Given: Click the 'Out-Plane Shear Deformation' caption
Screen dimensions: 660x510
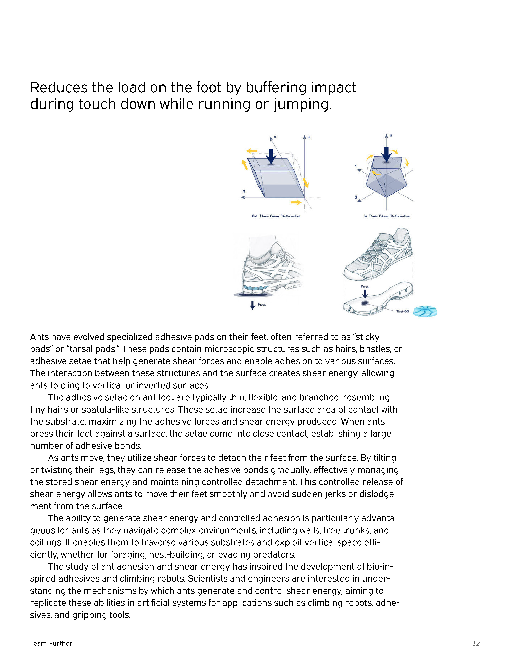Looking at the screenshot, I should click(x=276, y=216).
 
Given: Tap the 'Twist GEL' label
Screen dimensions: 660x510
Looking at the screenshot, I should click(x=403, y=311).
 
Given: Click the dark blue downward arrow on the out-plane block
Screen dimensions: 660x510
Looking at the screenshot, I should click(x=271, y=156).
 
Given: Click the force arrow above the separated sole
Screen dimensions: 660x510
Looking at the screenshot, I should click(x=365, y=293).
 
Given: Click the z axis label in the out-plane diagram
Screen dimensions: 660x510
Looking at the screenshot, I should click(x=309, y=138).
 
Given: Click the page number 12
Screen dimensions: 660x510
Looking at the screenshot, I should click(x=476, y=643).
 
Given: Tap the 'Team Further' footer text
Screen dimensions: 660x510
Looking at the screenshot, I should click(x=51, y=643).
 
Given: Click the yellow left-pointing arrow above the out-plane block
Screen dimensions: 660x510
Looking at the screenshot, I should click(x=252, y=150).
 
